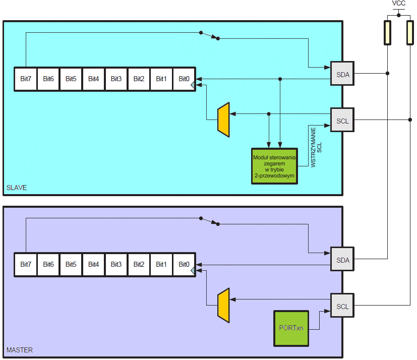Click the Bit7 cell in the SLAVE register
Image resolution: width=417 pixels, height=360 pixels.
(x=26, y=79)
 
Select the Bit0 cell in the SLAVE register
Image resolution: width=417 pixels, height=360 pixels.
(x=184, y=79)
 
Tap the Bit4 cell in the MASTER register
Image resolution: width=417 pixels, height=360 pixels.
(x=93, y=264)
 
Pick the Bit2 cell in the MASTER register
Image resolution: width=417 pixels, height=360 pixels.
(x=139, y=264)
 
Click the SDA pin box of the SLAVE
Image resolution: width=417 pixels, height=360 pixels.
(x=342, y=74)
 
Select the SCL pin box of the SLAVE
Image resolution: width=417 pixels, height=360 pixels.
(x=342, y=121)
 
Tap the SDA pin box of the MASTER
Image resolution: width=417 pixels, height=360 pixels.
(x=342, y=260)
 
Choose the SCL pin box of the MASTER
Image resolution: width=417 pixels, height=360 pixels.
(x=342, y=307)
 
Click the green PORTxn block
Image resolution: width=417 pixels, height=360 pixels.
(x=291, y=328)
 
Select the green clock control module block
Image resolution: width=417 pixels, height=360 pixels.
(x=275, y=166)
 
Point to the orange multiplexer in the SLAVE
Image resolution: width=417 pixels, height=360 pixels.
(x=223, y=120)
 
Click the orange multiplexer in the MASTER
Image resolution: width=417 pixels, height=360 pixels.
(x=223, y=306)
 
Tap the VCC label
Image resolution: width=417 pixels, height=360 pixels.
(x=398, y=4)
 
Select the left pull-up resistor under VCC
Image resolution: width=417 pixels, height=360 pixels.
(x=387, y=33)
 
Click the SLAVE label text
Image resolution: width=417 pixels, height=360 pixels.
(x=17, y=188)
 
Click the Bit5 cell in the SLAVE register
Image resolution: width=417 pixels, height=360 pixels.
(x=71, y=79)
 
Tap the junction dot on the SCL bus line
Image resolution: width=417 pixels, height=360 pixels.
(x=409, y=120)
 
